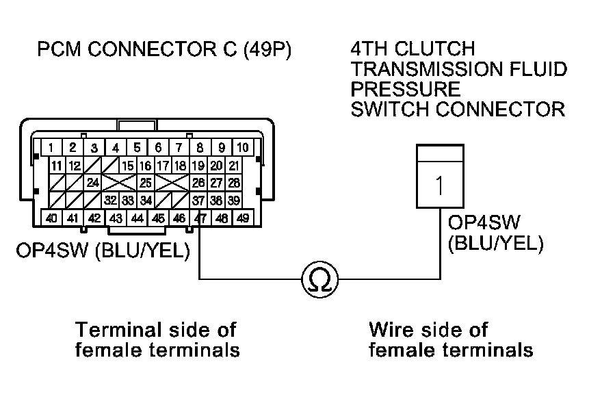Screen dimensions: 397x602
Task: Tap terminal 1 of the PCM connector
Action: tap(52, 147)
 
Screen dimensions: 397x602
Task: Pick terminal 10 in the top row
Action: tap(242, 147)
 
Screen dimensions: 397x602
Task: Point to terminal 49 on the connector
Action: tap(242, 218)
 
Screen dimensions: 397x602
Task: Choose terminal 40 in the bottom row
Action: tap(52, 218)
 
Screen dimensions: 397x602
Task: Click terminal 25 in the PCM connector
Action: tap(145, 183)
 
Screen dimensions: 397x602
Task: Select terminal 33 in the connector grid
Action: tap(128, 201)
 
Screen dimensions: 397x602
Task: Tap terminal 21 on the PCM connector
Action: tap(233, 165)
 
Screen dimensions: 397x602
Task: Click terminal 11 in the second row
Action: tap(57, 165)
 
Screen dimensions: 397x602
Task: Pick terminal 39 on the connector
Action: tap(233, 201)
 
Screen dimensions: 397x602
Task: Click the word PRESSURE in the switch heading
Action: tap(405, 89)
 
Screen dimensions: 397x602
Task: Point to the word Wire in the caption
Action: tap(393, 329)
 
